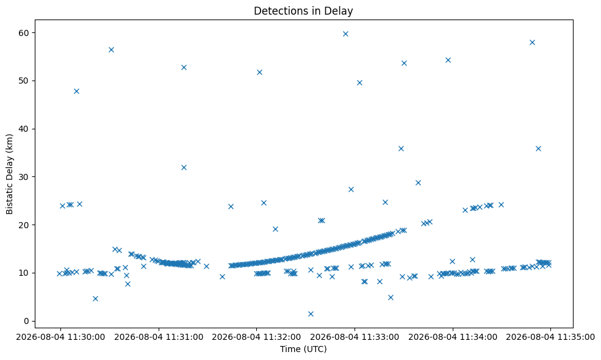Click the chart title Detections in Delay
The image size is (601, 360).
(x=303, y=11)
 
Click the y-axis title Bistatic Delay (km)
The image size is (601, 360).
(x=9, y=174)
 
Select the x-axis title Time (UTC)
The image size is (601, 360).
(x=303, y=349)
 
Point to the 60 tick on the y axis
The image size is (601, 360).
(x=24, y=33)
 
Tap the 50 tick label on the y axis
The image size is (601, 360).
(x=24, y=81)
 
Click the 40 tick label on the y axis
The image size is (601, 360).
(x=24, y=129)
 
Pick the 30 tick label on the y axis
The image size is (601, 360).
(x=24, y=177)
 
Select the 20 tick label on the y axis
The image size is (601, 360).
(x=24, y=225)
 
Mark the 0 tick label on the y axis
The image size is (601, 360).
(x=26, y=322)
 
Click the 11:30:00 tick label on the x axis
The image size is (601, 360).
(x=60, y=337)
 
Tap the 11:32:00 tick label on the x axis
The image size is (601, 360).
(x=256, y=337)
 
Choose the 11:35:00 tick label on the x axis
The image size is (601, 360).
(x=550, y=337)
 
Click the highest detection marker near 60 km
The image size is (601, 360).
(x=345, y=34)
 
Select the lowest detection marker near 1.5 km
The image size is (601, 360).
(x=311, y=314)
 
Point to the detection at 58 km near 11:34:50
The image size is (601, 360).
(x=532, y=42)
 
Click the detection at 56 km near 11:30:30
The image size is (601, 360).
(x=111, y=49)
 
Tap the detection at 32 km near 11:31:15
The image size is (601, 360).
(x=184, y=167)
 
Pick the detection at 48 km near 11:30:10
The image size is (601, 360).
(x=76, y=91)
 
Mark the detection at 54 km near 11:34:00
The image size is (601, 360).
(x=448, y=60)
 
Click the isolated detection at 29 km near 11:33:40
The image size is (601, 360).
(x=418, y=182)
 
